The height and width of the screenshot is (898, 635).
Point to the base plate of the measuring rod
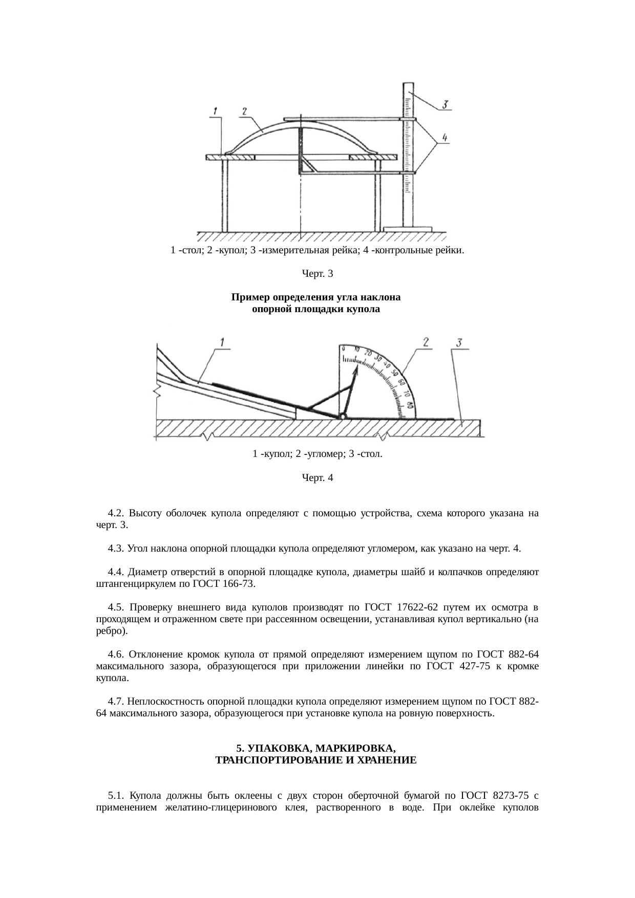[x=408, y=229]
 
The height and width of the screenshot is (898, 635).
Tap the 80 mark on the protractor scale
[x=410, y=405]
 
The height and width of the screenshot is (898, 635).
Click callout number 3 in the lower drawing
[x=459, y=343]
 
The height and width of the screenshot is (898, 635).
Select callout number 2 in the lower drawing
[x=426, y=342]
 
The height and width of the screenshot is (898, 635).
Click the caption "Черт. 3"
[x=317, y=274]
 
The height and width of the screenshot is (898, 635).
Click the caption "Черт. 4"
[x=317, y=478]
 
